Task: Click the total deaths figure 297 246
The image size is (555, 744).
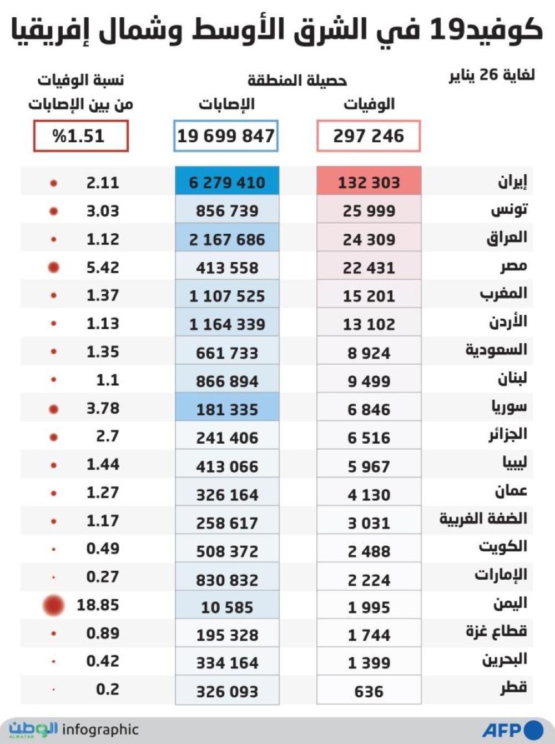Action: [369, 136]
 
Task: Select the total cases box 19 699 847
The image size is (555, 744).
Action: [226, 136]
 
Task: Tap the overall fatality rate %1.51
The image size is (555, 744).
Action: [80, 136]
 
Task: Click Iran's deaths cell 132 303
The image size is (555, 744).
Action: [369, 182]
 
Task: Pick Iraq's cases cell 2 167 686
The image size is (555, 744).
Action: [227, 239]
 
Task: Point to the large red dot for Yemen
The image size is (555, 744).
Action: [53, 605]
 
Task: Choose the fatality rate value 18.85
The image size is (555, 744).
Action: [98, 605]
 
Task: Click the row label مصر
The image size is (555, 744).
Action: [513, 267]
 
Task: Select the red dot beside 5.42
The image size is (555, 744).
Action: [53, 268]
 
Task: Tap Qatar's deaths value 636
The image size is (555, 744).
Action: [369, 691]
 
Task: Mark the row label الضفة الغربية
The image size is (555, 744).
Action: [483, 519]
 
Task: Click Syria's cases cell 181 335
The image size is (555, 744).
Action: [227, 409]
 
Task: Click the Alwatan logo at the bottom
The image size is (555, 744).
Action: [33, 730]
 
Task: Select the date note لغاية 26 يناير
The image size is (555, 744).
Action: [492, 76]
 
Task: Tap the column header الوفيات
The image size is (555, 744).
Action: [369, 104]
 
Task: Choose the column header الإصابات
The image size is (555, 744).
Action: [226, 104]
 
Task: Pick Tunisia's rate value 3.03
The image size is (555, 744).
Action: [103, 211]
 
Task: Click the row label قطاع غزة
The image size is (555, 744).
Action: [496, 632]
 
